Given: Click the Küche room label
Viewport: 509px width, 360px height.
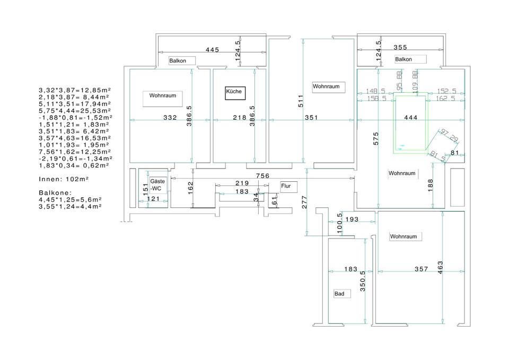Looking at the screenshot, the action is [x=234, y=92].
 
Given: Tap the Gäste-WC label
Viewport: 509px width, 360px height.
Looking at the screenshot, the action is [x=157, y=185].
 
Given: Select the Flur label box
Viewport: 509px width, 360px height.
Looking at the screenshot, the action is [x=289, y=187].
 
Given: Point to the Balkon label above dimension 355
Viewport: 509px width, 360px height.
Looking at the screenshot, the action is [x=403, y=59].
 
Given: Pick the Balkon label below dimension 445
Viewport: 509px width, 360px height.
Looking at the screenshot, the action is [x=178, y=61].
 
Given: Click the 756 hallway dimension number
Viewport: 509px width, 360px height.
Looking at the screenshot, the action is [x=262, y=176].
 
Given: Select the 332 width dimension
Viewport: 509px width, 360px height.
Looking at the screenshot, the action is [x=170, y=118].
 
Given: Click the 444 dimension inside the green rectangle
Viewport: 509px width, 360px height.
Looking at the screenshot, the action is [x=411, y=117].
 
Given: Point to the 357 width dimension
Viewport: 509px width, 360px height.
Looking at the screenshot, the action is [x=421, y=269].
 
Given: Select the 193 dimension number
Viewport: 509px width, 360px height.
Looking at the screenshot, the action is [x=352, y=218].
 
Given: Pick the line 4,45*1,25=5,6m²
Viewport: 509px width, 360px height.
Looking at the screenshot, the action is [x=70, y=200].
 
